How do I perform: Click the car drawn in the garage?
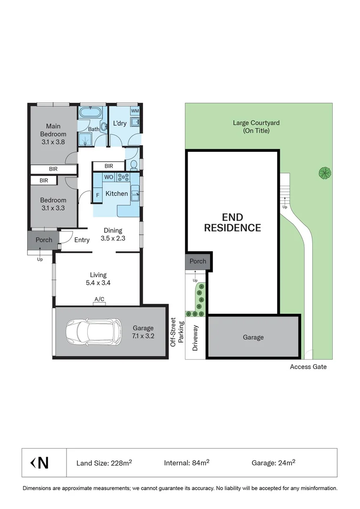coord(92,331)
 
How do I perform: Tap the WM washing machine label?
coord(135,111)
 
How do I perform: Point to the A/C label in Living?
coord(99,299)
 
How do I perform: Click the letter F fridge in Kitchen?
coord(98,194)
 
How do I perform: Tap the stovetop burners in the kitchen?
coord(123,177)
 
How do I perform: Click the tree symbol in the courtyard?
coord(324,173)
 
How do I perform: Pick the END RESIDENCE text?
coord(232,222)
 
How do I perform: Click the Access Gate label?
coord(308,367)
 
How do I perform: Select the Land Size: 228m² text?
coord(104,463)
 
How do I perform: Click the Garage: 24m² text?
coord(273,463)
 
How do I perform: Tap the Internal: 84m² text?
coord(187,463)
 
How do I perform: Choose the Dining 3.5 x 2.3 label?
coord(113,234)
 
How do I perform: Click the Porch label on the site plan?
coord(198,261)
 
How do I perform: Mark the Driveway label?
coord(196,338)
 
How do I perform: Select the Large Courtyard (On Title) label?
coord(256,127)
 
